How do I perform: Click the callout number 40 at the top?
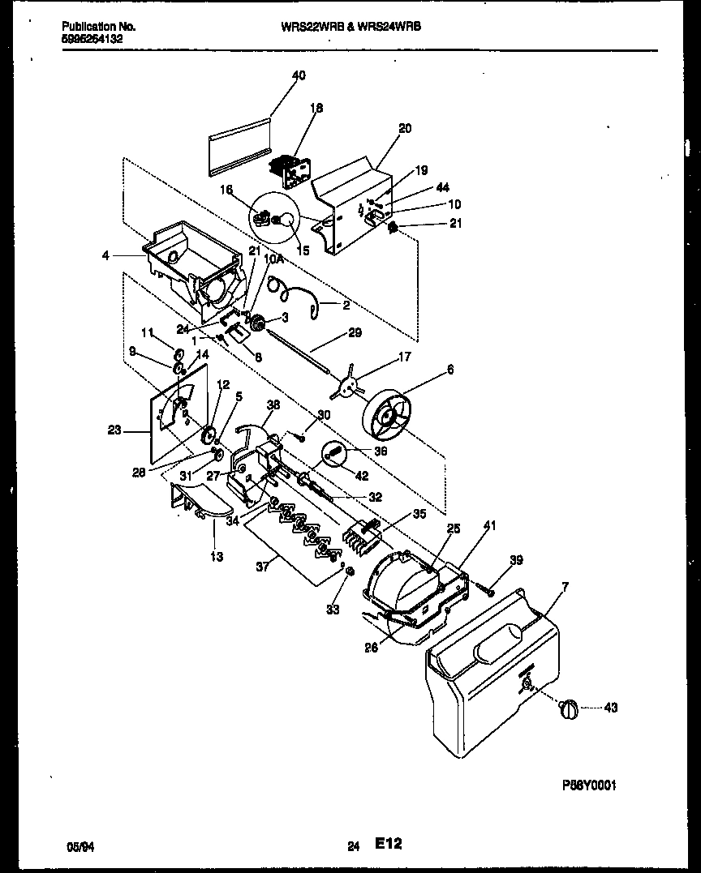click(x=299, y=75)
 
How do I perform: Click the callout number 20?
click(x=406, y=128)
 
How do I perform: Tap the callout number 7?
click(x=565, y=585)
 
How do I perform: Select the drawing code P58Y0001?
click(x=589, y=785)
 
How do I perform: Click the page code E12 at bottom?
click(x=388, y=845)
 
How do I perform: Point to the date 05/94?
click(x=76, y=847)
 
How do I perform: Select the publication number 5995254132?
click(x=92, y=37)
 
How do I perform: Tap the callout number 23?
click(x=115, y=430)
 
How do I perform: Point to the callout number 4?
click(x=106, y=256)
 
